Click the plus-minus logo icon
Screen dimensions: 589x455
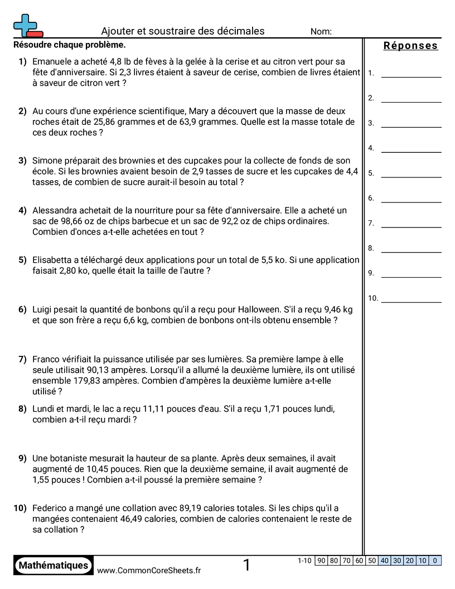click(27, 25)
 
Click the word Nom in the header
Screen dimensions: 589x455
click(321, 32)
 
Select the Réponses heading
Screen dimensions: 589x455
click(410, 46)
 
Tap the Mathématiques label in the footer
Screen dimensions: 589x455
click(54, 565)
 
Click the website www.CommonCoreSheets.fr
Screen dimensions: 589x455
click(149, 570)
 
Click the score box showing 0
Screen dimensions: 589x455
click(435, 561)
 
